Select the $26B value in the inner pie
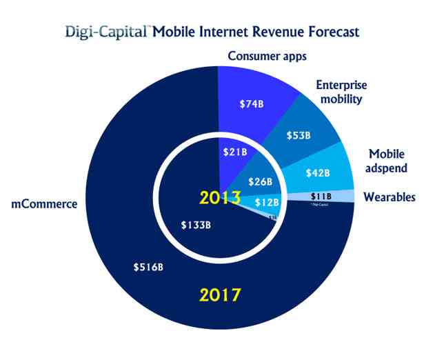(259, 182)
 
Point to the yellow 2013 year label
(219, 198)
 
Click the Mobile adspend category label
(386, 161)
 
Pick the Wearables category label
(390, 197)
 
